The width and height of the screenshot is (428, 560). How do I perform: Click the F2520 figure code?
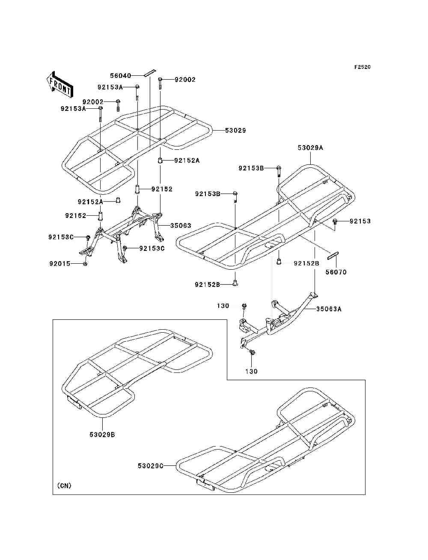click(x=362, y=67)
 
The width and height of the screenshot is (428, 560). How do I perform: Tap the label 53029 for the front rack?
click(x=235, y=130)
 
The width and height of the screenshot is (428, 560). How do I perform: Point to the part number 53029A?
click(x=310, y=148)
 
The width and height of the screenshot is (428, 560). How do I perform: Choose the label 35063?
click(x=181, y=225)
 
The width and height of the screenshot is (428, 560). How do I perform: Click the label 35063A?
click(x=329, y=309)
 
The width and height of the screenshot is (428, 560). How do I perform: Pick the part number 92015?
click(x=59, y=264)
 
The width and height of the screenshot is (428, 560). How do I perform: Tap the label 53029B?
click(x=102, y=435)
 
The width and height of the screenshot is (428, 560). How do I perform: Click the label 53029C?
click(x=151, y=465)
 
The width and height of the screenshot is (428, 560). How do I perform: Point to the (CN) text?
click(x=64, y=486)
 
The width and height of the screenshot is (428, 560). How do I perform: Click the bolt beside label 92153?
click(x=336, y=221)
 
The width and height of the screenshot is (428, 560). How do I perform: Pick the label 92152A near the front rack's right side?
click(x=187, y=161)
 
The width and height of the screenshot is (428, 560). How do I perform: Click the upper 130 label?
click(x=223, y=306)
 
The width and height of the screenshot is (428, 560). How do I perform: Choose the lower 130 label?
click(x=251, y=371)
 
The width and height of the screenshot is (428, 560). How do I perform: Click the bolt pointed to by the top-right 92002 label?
click(x=160, y=81)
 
